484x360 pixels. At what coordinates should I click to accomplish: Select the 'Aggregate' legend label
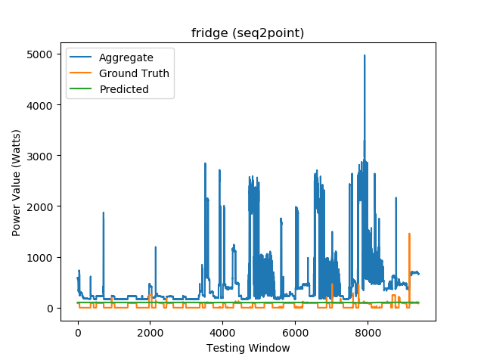pyautogui.click(x=126, y=58)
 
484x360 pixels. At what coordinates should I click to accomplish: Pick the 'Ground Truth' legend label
pyautogui.click(x=135, y=73)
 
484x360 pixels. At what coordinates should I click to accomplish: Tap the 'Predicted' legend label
pyautogui.click(x=124, y=89)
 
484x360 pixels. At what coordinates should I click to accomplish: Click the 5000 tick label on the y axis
pyautogui.click(x=39, y=54)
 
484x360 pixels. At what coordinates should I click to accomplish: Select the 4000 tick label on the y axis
pyautogui.click(x=39, y=105)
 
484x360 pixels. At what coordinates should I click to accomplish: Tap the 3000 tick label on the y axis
pyautogui.click(x=39, y=156)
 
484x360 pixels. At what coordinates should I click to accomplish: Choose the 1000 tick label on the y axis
pyautogui.click(x=39, y=257)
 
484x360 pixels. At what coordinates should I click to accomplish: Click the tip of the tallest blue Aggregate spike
pyautogui.click(x=365, y=55)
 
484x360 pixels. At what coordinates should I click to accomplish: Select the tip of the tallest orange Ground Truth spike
pyautogui.click(x=409, y=234)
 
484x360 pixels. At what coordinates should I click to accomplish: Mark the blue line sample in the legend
pyautogui.click(x=82, y=58)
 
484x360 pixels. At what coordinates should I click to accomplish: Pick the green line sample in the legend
pyautogui.click(x=82, y=89)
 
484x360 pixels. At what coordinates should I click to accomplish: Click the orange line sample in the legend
pyautogui.click(x=82, y=73)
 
